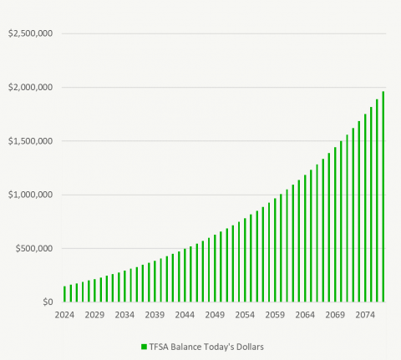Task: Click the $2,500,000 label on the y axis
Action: click(x=30, y=33)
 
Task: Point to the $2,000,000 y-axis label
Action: click(x=30, y=88)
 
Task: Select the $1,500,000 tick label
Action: click(x=30, y=141)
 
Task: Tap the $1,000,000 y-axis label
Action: click(x=30, y=195)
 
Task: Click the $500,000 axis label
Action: click(x=33, y=248)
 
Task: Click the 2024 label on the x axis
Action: click(x=64, y=315)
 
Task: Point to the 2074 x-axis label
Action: click(x=365, y=315)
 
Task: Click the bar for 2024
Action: click(x=64, y=294)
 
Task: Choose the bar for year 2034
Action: click(x=124, y=286)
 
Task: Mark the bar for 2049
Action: click(x=215, y=268)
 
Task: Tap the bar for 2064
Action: click(x=305, y=239)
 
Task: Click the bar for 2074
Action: click(x=365, y=208)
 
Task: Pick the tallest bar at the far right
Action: click(x=383, y=197)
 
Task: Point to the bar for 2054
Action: click(x=245, y=261)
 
